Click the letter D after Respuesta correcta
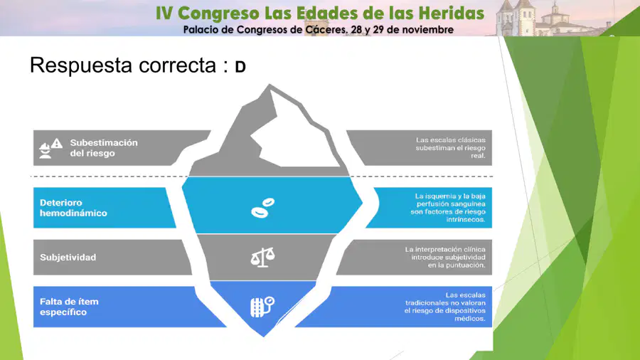[240, 67]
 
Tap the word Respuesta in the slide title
[81, 65]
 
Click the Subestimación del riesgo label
[104, 148]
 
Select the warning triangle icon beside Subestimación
[57, 143]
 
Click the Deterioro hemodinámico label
[73, 208]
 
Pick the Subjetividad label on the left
[68, 257]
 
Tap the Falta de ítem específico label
[69, 307]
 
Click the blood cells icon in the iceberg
[262, 208]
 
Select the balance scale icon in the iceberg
[262, 257]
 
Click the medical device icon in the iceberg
[262, 307]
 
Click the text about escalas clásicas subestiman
[451, 148]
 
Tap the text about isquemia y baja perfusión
[448, 208]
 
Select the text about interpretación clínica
[445, 257]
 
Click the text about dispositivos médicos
[445, 307]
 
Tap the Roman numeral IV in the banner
[164, 14]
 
